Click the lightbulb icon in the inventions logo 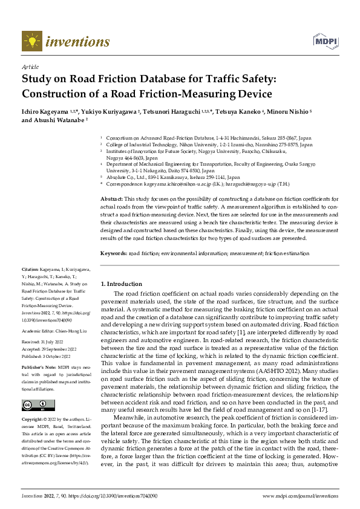[31, 41]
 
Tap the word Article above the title [30, 67]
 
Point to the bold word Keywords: [113, 253]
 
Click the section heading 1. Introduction [121, 284]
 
